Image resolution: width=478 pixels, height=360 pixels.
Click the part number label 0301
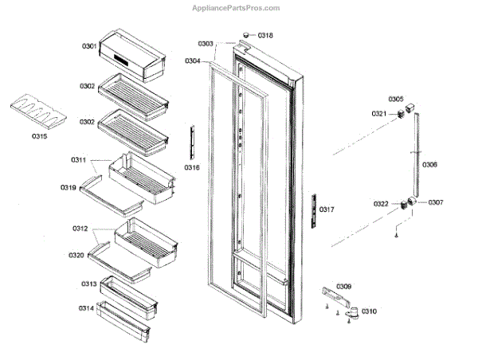(x=88, y=47)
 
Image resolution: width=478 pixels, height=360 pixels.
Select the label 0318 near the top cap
(x=265, y=35)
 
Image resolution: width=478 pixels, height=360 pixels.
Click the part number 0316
(x=192, y=168)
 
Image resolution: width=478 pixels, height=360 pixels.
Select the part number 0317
(x=327, y=209)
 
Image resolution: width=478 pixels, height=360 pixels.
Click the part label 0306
(x=429, y=164)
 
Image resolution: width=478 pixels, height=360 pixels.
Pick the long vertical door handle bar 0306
(x=414, y=155)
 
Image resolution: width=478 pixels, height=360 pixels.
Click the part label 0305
(x=396, y=99)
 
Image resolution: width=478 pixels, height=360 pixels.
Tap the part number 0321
(x=379, y=114)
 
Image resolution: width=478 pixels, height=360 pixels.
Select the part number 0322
(x=381, y=204)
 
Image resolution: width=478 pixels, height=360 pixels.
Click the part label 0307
(x=435, y=202)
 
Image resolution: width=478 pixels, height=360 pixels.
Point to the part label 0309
(x=343, y=286)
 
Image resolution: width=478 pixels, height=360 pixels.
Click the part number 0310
(x=370, y=311)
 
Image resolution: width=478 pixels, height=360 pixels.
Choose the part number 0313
(x=88, y=284)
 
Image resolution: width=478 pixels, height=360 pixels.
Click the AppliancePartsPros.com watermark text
(x=236, y=8)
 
